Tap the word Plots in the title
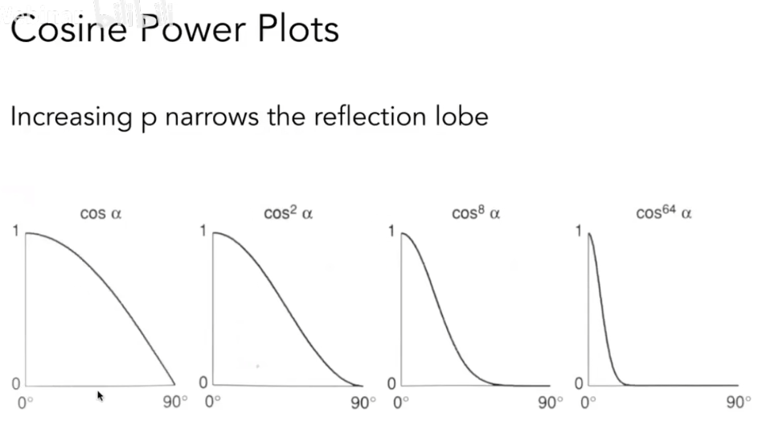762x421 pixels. click(297, 30)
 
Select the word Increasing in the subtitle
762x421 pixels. click(68, 117)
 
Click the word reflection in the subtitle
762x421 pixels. click(370, 117)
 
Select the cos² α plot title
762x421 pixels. click(288, 214)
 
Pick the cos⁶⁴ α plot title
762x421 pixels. click(664, 214)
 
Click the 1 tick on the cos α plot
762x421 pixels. click(16, 232)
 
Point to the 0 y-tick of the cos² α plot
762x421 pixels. click(203, 382)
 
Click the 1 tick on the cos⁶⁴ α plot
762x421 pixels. click(579, 232)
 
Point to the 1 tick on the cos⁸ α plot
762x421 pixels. click(391, 232)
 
